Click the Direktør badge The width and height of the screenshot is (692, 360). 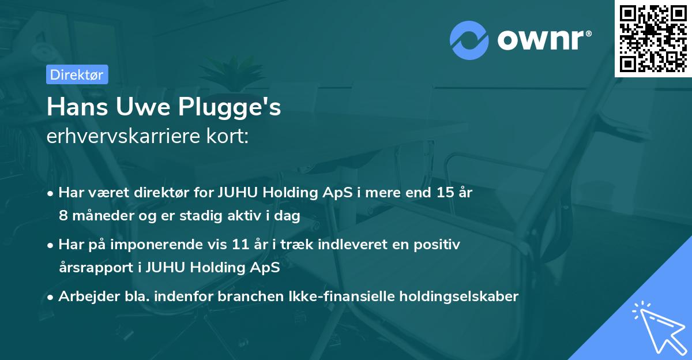(x=76, y=74)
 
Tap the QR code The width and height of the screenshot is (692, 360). (x=653, y=38)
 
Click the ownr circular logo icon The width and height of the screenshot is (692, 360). (x=469, y=40)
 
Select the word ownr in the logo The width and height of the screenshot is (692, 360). (x=540, y=40)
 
